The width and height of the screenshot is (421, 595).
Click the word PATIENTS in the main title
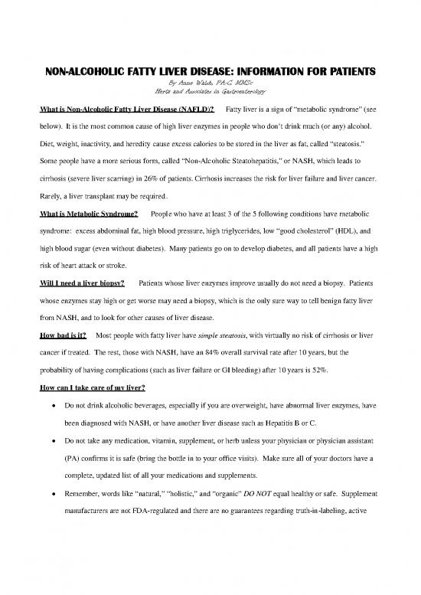[x=341, y=74]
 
